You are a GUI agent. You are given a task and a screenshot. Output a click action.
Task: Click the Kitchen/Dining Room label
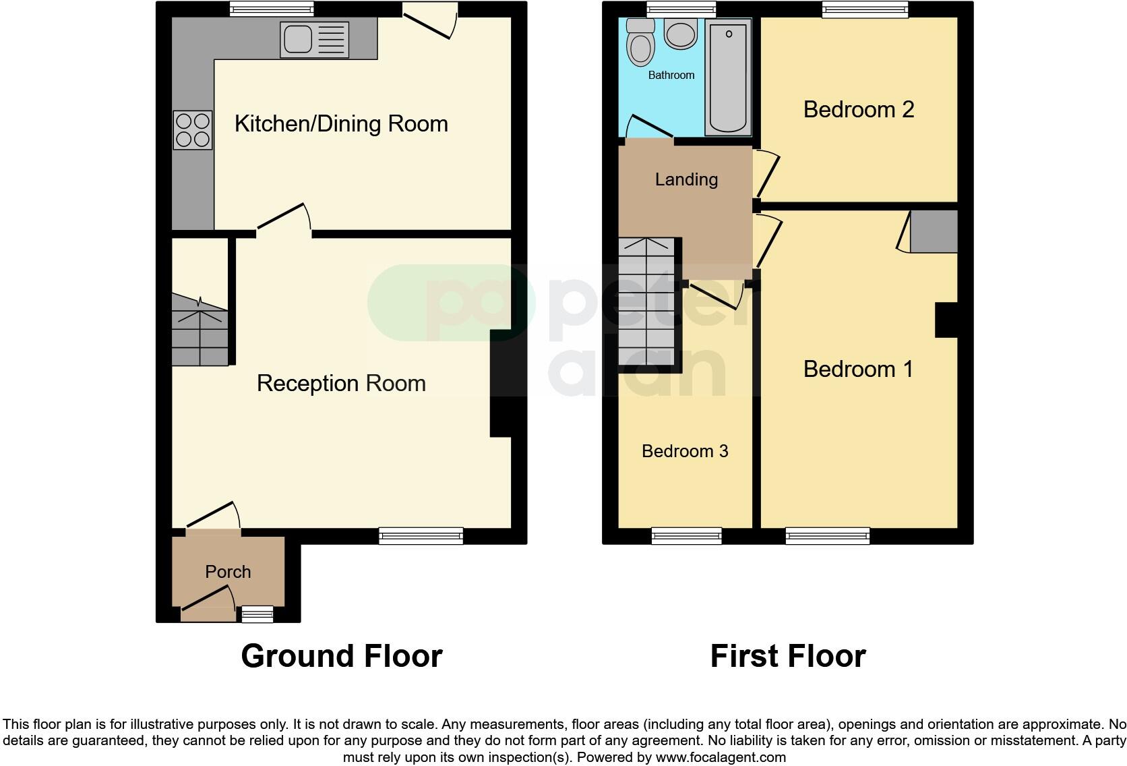click(341, 124)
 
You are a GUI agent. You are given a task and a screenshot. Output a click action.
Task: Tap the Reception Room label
click(341, 384)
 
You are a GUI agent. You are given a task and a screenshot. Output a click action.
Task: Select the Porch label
click(228, 572)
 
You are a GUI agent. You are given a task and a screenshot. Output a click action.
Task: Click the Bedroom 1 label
click(858, 370)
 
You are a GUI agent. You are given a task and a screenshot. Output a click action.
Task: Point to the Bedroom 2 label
click(858, 109)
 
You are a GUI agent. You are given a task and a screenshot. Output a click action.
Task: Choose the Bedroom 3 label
click(685, 451)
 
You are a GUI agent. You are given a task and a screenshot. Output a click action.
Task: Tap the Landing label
click(686, 179)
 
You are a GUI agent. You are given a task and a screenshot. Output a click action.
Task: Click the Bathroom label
click(671, 75)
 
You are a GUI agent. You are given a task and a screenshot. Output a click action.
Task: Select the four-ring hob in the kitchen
click(193, 130)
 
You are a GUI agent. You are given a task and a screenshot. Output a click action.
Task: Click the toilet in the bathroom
click(640, 42)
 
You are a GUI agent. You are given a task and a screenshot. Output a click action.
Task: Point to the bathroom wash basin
click(680, 33)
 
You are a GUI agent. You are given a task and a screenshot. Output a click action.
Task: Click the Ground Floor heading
click(341, 656)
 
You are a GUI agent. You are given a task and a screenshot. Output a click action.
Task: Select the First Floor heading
click(787, 656)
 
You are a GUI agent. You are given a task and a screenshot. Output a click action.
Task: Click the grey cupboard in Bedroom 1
click(934, 231)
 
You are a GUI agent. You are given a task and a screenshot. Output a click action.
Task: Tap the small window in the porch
click(257, 614)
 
